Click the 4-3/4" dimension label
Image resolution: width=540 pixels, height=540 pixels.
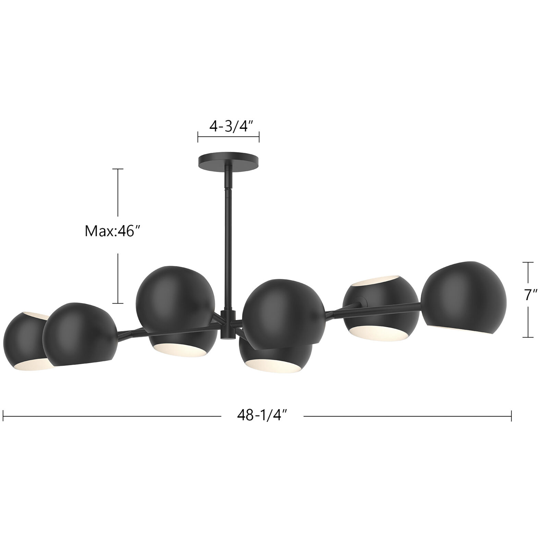231,126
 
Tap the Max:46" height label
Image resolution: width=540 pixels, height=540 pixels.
113,231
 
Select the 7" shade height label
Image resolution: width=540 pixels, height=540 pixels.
530,295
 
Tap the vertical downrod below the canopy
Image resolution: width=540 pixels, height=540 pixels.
227,240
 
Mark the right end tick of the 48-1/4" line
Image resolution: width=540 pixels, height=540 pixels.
511,416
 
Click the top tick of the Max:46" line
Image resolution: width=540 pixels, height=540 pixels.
118,169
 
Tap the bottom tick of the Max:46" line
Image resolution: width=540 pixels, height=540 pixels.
118,303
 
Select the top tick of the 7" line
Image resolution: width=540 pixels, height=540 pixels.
528,262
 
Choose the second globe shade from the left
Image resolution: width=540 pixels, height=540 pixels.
79,334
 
